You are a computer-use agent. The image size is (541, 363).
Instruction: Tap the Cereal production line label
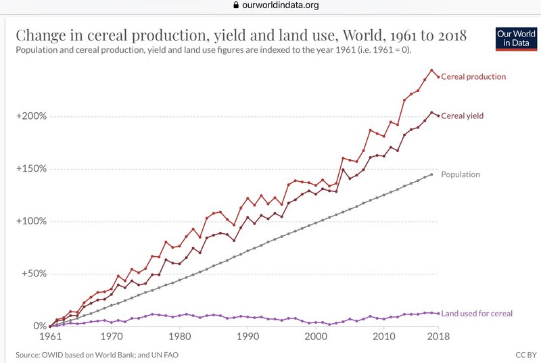473,76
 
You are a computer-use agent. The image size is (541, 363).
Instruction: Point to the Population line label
460,174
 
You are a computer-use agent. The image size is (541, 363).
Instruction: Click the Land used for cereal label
476,313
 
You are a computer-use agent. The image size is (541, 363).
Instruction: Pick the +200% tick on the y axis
32,116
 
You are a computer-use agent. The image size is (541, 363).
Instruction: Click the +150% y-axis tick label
32,168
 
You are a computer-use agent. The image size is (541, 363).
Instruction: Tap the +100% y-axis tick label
32,221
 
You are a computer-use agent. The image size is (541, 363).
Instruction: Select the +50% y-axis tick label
34,274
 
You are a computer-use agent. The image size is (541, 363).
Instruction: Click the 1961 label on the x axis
51,336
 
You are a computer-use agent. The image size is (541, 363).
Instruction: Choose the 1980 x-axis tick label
179,336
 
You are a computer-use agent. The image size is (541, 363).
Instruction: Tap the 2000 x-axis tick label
316,336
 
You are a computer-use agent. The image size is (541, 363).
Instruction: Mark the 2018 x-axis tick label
438,336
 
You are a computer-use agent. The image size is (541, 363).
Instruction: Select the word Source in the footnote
28,354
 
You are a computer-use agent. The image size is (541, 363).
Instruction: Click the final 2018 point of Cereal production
438,76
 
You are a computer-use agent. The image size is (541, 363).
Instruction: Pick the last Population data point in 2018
431,174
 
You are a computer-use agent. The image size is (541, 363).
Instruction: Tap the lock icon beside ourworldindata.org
236,5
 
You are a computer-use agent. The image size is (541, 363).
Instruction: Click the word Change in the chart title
43,35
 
